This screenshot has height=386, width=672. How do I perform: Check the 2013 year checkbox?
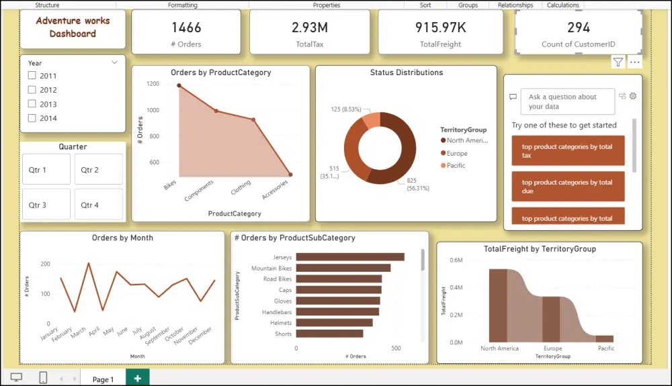point(32,104)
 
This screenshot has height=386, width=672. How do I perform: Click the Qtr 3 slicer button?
point(46,204)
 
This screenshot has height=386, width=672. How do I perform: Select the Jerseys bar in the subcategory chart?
point(349,256)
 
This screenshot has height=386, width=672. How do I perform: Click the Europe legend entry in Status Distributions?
point(457,153)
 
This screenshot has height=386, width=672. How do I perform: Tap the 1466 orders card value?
point(186,28)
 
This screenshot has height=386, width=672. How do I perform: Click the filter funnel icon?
point(618,62)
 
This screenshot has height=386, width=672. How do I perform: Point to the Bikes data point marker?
point(179,85)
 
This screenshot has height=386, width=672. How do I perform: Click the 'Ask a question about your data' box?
point(567,101)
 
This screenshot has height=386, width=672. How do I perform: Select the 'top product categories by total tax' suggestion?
point(567,150)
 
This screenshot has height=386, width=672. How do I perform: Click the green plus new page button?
point(137,379)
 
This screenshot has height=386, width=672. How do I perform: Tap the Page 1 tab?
point(103,379)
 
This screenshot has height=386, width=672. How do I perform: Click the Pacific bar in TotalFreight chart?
point(604,339)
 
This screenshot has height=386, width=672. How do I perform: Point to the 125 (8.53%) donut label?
point(345,109)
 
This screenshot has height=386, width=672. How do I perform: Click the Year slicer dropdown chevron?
point(114,62)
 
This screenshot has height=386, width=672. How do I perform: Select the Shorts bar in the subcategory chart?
point(329,334)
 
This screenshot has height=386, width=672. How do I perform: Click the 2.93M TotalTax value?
point(310,28)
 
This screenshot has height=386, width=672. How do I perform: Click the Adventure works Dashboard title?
point(73,28)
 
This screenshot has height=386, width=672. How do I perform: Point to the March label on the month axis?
point(79,332)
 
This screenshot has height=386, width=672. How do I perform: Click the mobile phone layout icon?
point(43,378)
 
